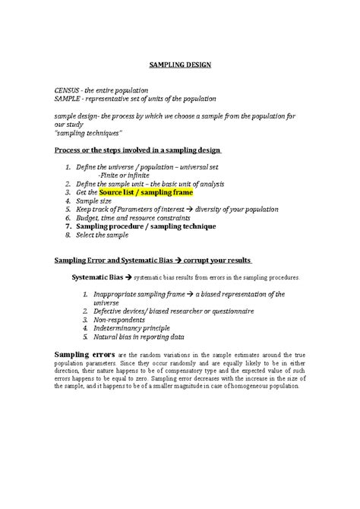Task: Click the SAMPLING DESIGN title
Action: coord(179,65)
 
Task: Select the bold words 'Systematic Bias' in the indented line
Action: coord(96,277)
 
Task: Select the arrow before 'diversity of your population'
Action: coord(191,210)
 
